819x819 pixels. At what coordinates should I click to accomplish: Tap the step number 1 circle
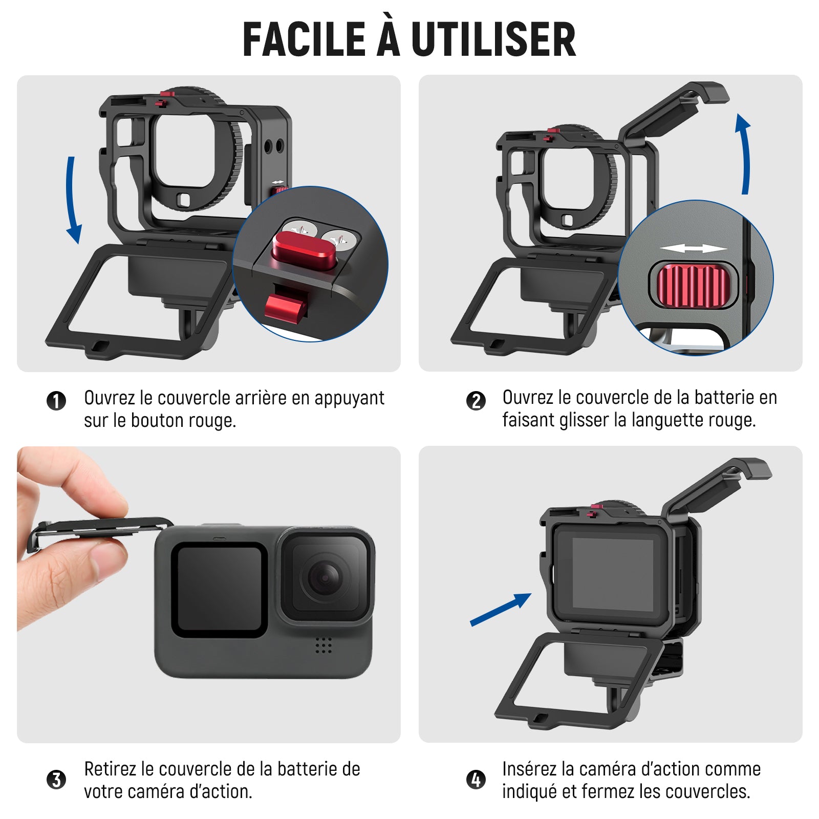click(56, 401)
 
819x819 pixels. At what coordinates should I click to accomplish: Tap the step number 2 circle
click(476, 401)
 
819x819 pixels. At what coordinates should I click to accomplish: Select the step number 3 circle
click(56, 780)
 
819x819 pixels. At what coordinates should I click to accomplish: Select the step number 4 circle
click(476, 780)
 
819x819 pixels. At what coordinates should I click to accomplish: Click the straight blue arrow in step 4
click(501, 610)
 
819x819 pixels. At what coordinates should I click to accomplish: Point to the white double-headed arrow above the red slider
click(693, 249)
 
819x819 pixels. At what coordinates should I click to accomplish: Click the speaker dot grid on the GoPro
click(324, 645)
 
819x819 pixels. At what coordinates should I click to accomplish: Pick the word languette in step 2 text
click(667, 420)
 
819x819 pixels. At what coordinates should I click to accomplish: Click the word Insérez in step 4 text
click(529, 769)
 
